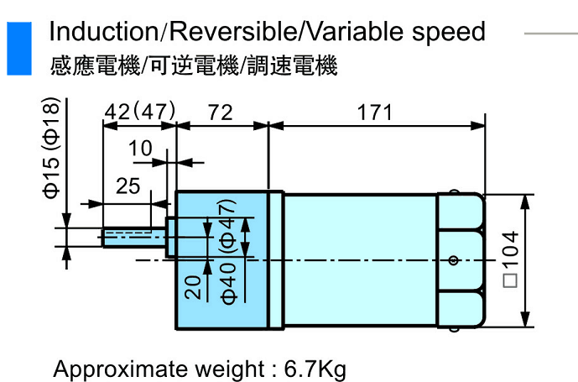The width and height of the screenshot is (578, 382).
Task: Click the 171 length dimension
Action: pos(375,113)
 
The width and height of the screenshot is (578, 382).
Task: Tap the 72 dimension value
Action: pos(220,113)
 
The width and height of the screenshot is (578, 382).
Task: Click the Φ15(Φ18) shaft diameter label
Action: pos(53,147)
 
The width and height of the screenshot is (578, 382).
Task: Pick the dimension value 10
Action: pos(142,149)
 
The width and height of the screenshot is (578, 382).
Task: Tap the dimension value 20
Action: pos(193,286)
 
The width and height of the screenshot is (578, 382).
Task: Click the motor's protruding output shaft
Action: pos(134,238)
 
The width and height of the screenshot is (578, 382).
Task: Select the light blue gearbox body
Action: pos(222,260)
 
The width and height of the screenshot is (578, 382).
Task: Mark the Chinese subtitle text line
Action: pos(194,65)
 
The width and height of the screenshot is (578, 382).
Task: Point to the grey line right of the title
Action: pos(550,33)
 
